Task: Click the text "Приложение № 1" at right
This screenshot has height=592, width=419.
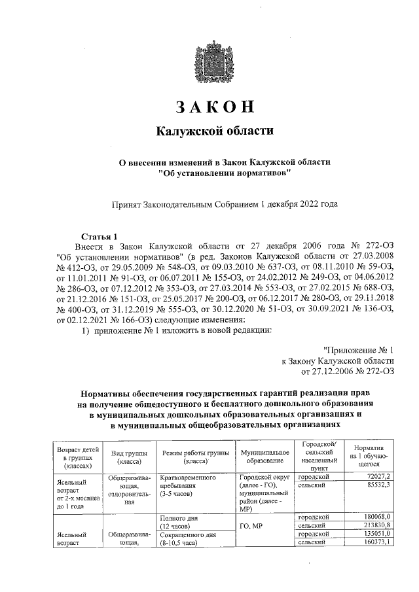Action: pyautogui.click(x=359, y=351)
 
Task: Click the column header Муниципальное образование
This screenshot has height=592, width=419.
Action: pyautogui.click(x=264, y=456)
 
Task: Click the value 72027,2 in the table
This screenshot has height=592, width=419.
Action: pyautogui.click(x=378, y=478)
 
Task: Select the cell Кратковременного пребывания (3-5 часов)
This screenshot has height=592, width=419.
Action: pyautogui.click(x=189, y=486)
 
